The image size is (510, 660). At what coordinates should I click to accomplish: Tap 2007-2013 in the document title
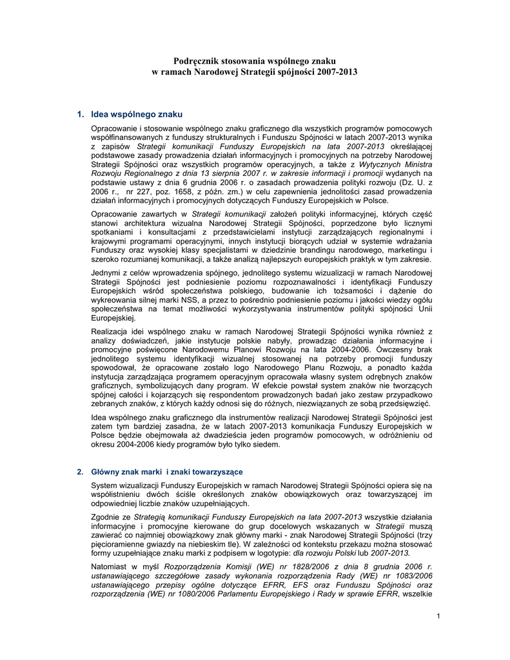(x=335, y=72)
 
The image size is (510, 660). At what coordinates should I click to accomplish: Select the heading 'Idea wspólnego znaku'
(x=137, y=114)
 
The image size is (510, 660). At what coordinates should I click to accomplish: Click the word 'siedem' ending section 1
(x=268, y=444)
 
